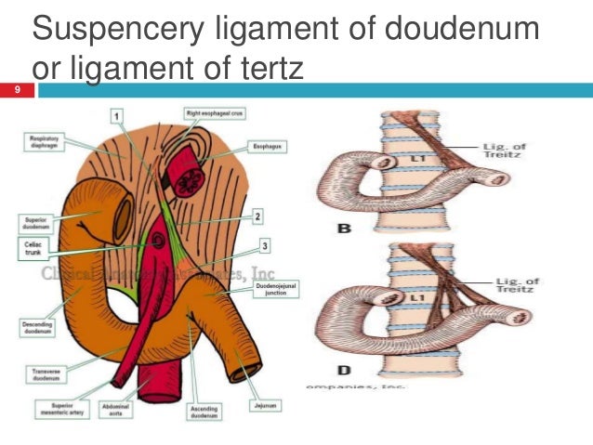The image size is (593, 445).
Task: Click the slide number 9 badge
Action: (16, 90)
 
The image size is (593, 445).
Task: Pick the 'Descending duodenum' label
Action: (38, 328)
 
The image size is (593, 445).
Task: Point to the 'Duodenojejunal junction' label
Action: (268, 291)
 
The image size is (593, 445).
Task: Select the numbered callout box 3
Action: (264, 245)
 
